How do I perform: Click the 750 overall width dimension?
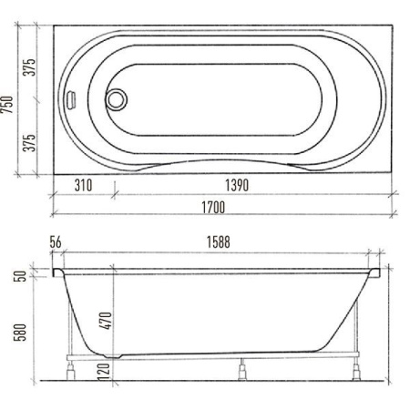point(6,105)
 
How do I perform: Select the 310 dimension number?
point(83,185)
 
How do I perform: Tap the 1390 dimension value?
point(237,185)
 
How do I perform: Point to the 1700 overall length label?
point(213,208)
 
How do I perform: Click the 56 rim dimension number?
point(56,242)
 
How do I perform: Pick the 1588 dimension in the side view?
point(219,242)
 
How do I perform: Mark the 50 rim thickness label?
point(20,276)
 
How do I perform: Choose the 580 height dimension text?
point(20,333)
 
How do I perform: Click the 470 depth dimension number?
point(107,321)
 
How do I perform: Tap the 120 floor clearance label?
point(104,372)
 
